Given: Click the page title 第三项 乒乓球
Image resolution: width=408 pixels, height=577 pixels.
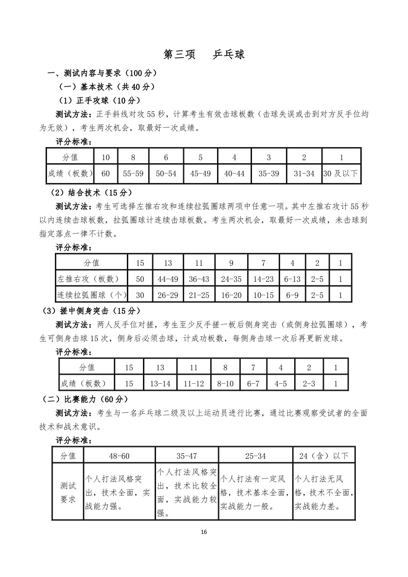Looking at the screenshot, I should [x=204, y=55].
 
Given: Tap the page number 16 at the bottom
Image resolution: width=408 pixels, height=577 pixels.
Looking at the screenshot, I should [x=204, y=532].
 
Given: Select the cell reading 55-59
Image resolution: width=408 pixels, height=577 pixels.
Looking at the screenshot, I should [x=133, y=174].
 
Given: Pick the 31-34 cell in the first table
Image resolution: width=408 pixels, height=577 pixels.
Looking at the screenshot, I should [x=304, y=174].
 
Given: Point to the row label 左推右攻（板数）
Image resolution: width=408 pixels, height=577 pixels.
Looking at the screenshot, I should [x=88, y=279].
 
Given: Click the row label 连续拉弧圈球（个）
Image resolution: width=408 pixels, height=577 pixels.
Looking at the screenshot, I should [x=91, y=295].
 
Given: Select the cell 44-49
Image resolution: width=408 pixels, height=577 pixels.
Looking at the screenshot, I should [x=168, y=279].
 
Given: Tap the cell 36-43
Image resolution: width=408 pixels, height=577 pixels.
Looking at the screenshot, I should [x=199, y=279].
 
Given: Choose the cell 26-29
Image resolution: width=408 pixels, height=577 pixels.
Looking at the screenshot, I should [x=168, y=295].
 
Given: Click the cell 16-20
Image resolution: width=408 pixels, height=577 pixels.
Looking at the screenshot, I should [x=231, y=295].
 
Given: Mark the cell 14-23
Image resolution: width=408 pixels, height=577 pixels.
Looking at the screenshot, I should [x=263, y=279].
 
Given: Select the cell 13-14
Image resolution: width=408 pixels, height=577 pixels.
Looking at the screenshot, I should [x=160, y=384].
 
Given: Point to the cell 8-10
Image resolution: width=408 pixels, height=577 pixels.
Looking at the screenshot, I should [x=225, y=384].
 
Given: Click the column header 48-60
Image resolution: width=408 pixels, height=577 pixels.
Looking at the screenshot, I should [x=119, y=456].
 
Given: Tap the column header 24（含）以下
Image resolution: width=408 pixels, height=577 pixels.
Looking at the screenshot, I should [x=324, y=456].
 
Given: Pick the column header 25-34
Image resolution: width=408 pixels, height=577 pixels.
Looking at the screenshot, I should [x=255, y=456].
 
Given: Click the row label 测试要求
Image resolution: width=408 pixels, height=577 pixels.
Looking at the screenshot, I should [x=68, y=492].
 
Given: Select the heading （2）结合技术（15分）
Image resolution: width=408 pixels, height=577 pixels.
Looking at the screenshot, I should [x=91, y=193].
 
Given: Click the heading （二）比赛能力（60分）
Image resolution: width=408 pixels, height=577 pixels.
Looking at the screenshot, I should [x=85, y=399].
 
